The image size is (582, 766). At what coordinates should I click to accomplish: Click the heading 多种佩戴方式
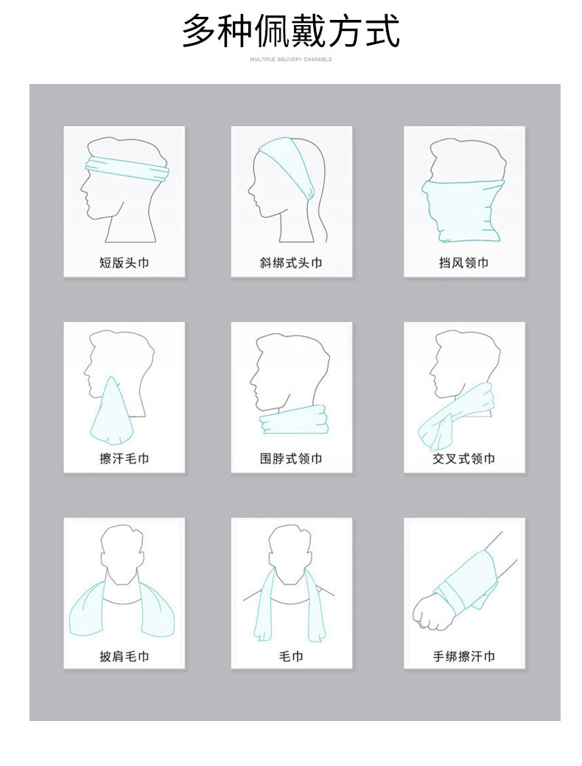click(x=291, y=32)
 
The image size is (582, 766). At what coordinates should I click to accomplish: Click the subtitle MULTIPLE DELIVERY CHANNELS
click(x=291, y=59)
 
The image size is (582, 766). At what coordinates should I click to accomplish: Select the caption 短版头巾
click(x=124, y=262)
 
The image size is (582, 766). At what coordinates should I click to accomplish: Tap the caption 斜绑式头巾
click(x=291, y=262)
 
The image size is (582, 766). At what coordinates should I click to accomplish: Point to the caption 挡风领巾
click(x=464, y=262)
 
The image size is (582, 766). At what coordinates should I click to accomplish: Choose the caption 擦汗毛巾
click(x=124, y=459)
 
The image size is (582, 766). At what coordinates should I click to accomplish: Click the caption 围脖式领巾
click(x=291, y=459)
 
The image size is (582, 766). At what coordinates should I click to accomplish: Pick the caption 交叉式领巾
click(x=464, y=459)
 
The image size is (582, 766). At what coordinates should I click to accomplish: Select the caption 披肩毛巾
click(x=124, y=655)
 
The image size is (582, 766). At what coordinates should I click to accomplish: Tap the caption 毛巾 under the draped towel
click(x=291, y=655)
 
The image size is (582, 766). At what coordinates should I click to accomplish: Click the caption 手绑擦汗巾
click(x=464, y=655)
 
